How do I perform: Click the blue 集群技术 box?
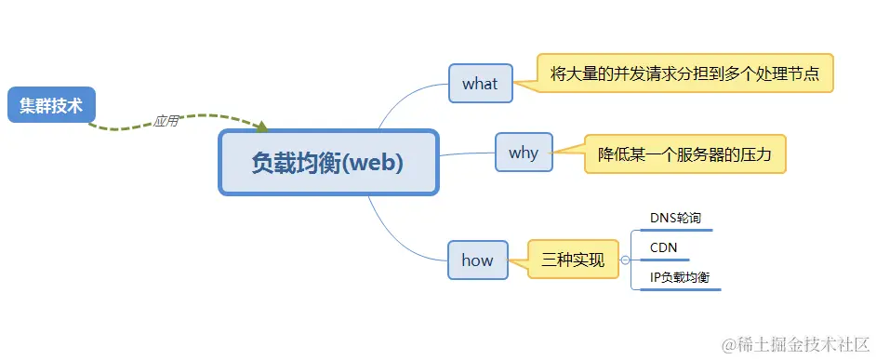click(52, 105)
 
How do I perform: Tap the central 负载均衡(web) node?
click(328, 163)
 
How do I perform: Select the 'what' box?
click(480, 83)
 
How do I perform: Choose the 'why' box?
click(524, 153)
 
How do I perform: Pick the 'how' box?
click(477, 260)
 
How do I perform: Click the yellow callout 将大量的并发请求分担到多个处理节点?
click(685, 73)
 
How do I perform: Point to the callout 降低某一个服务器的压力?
click(684, 154)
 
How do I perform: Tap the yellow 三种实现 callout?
click(573, 260)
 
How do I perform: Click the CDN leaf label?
click(664, 247)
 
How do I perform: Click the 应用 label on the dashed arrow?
click(166, 120)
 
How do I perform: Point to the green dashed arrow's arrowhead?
click(262, 127)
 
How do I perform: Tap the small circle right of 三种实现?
click(625, 260)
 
